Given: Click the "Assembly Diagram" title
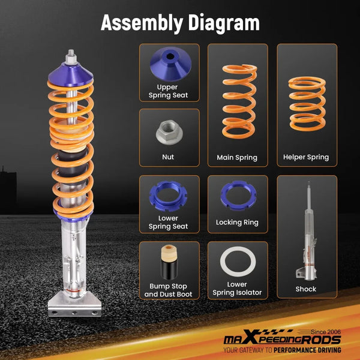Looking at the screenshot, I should click(x=180, y=23).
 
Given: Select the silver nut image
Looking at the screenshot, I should click(x=169, y=133).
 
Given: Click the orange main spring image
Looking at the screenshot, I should click(x=237, y=99).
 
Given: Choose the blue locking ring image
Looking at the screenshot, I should click(x=237, y=194).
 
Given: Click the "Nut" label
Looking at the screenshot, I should click(x=169, y=157).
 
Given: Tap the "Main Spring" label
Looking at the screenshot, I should click(x=237, y=158).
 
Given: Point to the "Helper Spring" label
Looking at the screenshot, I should click(x=306, y=157).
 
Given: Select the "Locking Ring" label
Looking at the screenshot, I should click(x=237, y=223).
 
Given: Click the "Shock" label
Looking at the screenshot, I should click(x=306, y=289).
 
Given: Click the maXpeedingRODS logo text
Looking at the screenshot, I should click(x=282, y=339).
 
